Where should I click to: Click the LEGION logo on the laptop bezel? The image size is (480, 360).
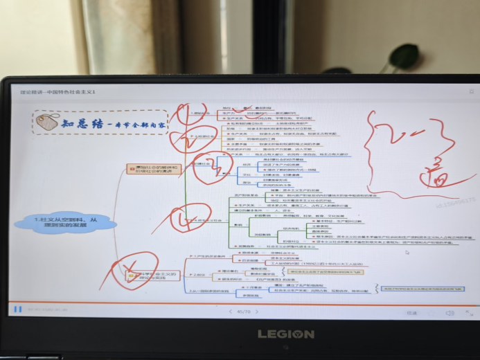click(x=286, y=334)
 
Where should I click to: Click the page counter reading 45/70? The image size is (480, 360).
click(x=244, y=312)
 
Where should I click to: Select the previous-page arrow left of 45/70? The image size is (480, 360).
click(x=230, y=312)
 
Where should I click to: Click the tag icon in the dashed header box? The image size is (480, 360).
click(x=48, y=123)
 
